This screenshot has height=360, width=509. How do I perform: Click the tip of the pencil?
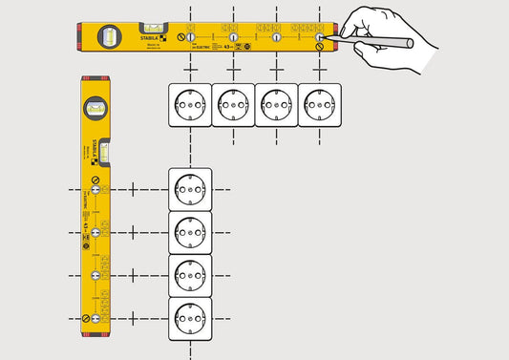(327, 38)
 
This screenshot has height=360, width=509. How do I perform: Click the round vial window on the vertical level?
(95, 108)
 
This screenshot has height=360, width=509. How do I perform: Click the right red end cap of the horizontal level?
(335, 36)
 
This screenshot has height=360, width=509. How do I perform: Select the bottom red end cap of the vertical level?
(95, 333)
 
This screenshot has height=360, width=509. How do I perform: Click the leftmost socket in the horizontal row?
(190, 104)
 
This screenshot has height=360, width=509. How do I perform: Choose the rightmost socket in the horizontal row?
(320, 104)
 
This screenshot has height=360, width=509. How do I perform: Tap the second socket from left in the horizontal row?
(233, 104)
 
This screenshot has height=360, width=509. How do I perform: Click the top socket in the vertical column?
(190, 189)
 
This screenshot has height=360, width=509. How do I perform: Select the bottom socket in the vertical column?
(190, 318)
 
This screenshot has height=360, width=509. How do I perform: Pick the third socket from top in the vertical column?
(190, 275)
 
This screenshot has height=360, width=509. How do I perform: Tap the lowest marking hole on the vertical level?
(95, 318)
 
